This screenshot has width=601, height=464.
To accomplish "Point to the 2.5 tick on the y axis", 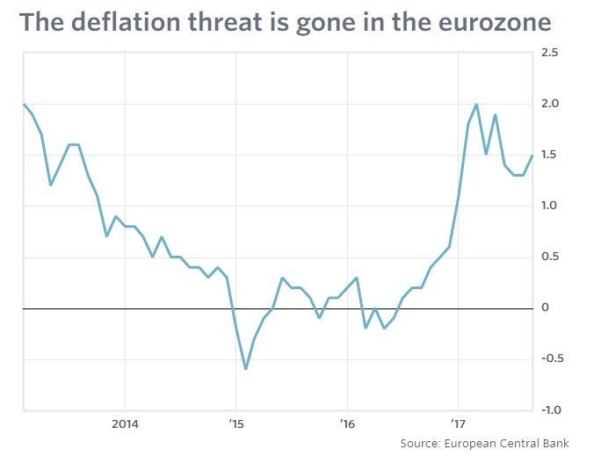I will [x=551, y=53].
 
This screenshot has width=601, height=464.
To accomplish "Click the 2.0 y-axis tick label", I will [x=551, y=104].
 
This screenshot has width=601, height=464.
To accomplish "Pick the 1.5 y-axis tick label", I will [x=551, y=155].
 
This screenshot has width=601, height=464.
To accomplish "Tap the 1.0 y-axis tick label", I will [x=551, y=206].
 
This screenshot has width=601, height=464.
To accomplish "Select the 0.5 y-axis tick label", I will [x=551, y=257].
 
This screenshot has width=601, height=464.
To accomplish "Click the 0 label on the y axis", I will [x=547, y=308].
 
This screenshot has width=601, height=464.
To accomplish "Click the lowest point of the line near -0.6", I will [x=245, y=369].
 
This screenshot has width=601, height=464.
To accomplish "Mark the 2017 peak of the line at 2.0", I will [x=477, y=105].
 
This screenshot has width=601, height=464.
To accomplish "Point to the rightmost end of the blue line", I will [x=532, y=156].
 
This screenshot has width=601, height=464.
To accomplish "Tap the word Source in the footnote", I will [x=421, y=442].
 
